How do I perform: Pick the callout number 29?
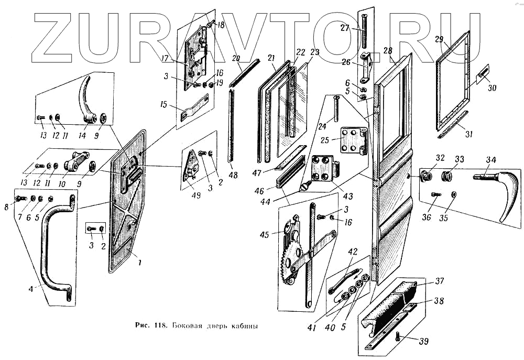[x=439, y=40]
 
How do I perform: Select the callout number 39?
[x=423, y=342]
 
